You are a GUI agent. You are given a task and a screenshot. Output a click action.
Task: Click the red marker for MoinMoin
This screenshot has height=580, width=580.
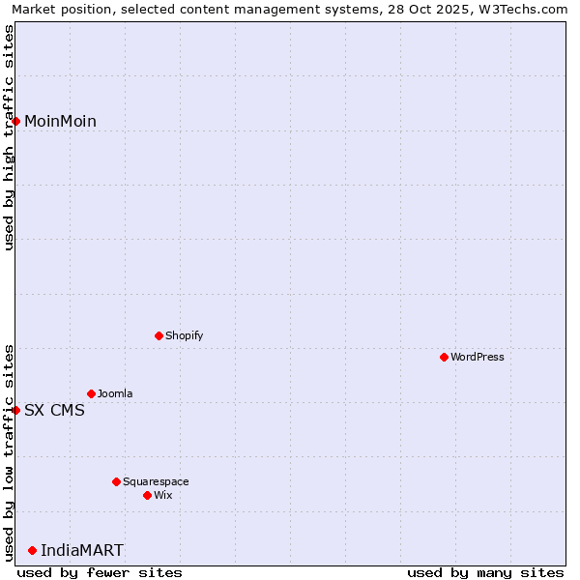(16, 121)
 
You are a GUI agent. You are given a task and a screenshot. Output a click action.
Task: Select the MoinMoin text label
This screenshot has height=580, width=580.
(60, 121)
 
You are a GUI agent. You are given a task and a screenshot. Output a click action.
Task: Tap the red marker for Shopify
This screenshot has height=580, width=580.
(159, 335)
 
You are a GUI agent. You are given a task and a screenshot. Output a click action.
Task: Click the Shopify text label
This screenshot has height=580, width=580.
(185, 336)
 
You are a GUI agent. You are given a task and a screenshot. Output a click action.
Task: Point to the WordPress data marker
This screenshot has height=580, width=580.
(445, 357)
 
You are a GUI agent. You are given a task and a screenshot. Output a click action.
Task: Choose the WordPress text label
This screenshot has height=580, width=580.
(478, 358)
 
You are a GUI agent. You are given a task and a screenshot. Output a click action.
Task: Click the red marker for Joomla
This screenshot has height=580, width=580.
(92, 393)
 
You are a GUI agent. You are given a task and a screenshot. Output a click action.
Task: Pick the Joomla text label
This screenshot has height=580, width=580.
(115, 394)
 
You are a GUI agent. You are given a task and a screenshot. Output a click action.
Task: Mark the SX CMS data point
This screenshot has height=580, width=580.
(16, 410)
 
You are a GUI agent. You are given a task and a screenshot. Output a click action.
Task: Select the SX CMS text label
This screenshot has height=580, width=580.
(54, 410)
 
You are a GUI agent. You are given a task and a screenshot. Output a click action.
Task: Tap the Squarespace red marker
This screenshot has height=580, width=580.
(117, 481)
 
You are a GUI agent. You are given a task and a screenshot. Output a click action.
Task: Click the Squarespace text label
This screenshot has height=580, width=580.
(156, 482)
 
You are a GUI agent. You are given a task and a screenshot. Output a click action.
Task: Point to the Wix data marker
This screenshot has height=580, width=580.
(148, 495)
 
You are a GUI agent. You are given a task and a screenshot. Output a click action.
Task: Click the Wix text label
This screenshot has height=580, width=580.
(163, 496)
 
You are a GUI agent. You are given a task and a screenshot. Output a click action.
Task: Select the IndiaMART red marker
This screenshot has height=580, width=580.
(33, 550)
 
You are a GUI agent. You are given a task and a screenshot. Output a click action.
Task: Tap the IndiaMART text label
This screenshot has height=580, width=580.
(82, 551)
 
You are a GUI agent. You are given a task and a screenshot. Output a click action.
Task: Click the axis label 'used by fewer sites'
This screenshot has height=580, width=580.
(100, 572)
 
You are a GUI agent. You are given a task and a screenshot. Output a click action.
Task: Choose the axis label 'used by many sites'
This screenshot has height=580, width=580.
(485, 572)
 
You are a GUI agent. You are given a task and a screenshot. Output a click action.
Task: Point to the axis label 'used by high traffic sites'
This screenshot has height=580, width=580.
(9, 137)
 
